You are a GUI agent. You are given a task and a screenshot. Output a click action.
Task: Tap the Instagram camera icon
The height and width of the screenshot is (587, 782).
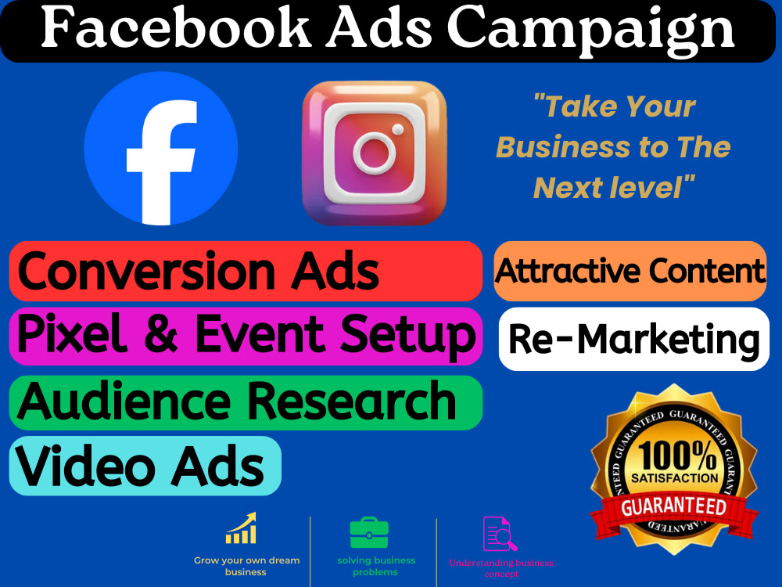[x=374, y=153]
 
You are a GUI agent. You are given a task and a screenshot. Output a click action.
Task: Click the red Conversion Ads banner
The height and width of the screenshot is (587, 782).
[x=246, y=271]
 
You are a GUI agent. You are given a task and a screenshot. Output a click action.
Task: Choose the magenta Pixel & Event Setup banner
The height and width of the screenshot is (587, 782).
[x=246, y=336]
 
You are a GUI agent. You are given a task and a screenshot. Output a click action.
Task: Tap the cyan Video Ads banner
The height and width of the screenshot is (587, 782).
[x=145, y=466]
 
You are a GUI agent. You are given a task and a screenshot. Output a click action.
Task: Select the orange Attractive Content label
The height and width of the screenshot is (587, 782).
[x=630, y=272]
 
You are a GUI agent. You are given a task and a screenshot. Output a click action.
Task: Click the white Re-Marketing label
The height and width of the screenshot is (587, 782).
[x=633, y=339]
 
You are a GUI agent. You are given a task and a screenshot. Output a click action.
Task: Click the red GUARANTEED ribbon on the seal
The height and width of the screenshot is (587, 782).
[x=673, y=506]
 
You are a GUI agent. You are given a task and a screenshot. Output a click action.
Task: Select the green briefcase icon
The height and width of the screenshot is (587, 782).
[x=370, y=533]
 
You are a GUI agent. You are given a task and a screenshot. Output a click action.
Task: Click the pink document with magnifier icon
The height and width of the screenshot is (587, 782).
[x=500, y=535]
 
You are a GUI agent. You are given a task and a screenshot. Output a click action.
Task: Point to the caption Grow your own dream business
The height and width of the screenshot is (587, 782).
[x=246, y=566]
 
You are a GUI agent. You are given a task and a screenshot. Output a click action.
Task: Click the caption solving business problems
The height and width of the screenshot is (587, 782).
[x=376, y=566]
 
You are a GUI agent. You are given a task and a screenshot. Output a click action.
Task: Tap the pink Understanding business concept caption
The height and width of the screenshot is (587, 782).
[x=500, y=568]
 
